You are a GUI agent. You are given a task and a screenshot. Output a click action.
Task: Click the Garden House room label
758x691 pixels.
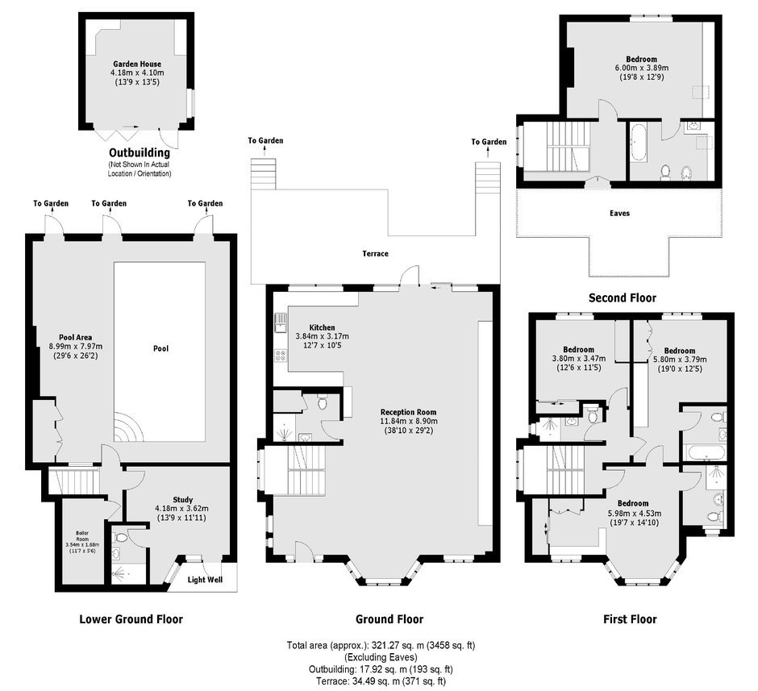(x=137, y=64)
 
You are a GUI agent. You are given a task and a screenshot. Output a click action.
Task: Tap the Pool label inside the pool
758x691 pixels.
(x=161, y=348)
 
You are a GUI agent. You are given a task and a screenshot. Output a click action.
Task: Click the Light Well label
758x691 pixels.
(x=205, y=580)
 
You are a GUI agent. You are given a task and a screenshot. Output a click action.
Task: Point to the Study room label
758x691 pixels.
(x=183, y=500)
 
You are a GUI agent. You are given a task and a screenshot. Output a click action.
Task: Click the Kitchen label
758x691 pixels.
(x=322, y=327)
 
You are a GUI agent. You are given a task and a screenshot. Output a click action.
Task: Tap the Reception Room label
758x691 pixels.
(x=409, y=412)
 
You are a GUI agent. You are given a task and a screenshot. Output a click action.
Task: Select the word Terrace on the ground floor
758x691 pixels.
(x=375, y=254)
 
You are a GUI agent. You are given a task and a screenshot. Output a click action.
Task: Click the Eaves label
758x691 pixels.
(x=620, y=213)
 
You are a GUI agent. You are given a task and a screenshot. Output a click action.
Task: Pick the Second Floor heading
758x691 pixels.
(x=623, y=298)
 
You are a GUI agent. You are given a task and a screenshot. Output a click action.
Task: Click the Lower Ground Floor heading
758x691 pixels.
(x=131, y=619)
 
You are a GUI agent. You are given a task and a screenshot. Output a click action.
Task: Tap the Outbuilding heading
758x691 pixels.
(x=140, y=152)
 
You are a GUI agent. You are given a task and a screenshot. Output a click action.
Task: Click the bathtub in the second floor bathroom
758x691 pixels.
(x=638, y=143)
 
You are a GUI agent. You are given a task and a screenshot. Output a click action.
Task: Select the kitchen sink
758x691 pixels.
(x=281, y=323)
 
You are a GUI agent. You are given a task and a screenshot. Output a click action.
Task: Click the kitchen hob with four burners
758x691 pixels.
(x=281, y=356)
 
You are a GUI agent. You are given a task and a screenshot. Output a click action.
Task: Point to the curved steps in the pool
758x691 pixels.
(x=128, y=427)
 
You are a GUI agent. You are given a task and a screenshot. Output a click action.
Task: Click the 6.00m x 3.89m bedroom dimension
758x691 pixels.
(x=639, y=69)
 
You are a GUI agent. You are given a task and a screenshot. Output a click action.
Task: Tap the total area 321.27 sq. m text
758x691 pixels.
(x=381, y=645)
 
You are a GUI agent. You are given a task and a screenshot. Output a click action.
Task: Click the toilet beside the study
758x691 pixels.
(x=120, y=537)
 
